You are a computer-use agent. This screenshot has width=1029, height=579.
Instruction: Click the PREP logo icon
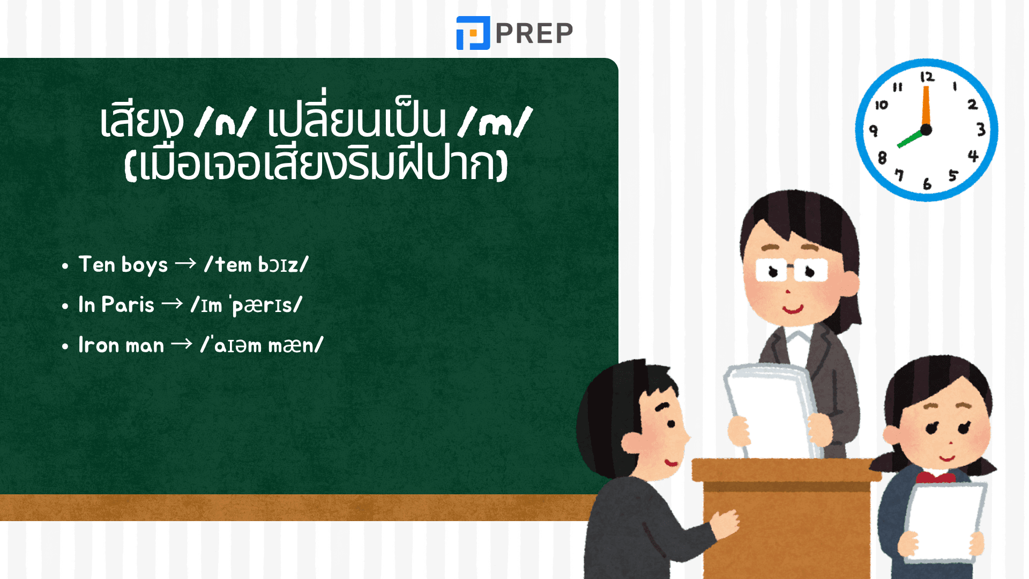coord(473,33)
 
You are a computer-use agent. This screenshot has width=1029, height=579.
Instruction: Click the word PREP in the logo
coord(534,33)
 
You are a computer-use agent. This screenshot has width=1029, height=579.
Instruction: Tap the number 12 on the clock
coord(927,77)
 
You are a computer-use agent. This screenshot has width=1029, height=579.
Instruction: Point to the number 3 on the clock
coord(981,129)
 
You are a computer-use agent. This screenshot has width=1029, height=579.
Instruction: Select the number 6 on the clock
coord(927,184)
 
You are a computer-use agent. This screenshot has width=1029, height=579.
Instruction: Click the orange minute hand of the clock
coord(926,106)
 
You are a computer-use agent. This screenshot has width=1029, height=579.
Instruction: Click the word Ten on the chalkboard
coord(97,264)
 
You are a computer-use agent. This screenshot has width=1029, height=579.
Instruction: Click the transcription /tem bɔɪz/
coord(256,264)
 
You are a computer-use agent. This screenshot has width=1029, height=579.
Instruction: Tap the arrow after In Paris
coord(172,304)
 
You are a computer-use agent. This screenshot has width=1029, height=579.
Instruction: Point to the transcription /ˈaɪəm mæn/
coord(262,345)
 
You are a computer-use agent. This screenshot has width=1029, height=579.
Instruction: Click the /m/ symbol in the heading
coord(495,122)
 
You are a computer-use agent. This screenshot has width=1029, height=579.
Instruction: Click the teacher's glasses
coord(791,270)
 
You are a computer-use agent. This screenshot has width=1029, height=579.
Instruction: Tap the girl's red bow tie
coord(935,477)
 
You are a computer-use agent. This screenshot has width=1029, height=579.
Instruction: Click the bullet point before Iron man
coord(65,346)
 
